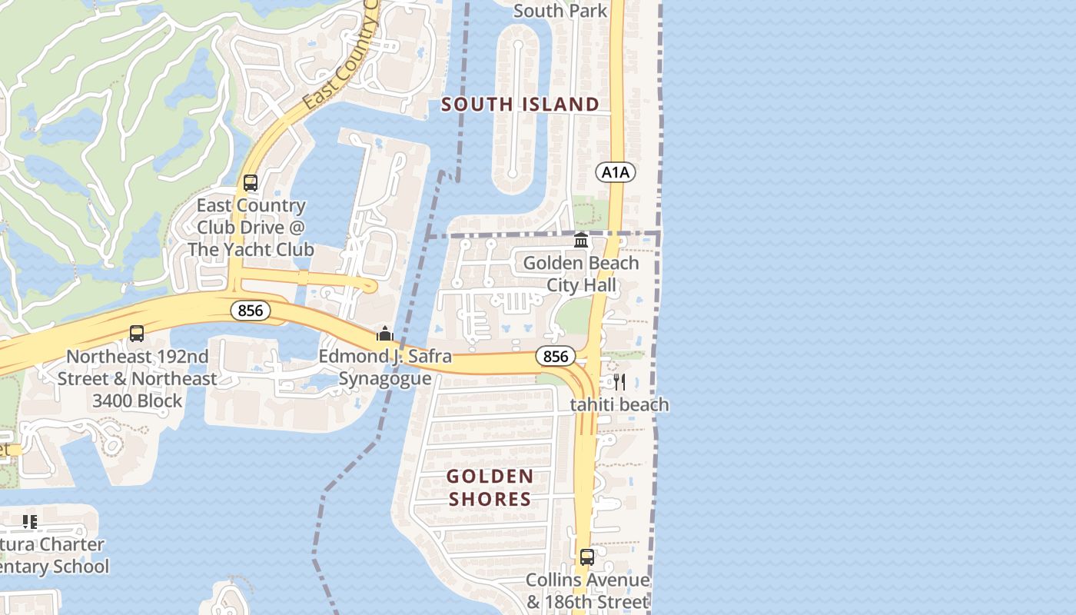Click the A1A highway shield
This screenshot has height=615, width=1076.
tap(616, 172)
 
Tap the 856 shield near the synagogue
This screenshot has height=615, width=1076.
tap(250, 311)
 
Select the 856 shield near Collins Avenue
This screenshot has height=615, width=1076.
tap(555, 356)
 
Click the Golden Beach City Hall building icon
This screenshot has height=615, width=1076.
tap(581, 241)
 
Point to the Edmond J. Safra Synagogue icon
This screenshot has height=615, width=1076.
tap(384, 334)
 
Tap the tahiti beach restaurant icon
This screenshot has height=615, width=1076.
tap(619, 382)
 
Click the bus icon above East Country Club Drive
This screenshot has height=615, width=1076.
tap(251, 183)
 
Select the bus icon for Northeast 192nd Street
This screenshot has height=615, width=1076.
tap(137, 334)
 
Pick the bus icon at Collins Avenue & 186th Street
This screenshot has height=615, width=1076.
tap(587, 557)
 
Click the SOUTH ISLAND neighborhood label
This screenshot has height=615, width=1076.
tap(520, 105)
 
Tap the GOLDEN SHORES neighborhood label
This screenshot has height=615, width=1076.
tap(490, 488)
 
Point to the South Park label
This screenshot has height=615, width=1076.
tap(560, 11)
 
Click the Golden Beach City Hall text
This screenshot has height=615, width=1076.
tap(581, 274)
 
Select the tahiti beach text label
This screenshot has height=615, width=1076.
tap(619, 405)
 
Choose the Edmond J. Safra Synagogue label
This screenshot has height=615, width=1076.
tap(385, 367)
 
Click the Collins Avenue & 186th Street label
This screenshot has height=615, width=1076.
tap(587, 590)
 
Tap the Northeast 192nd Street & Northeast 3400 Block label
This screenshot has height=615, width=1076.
tap(137, 379)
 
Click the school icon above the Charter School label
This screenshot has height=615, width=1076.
tap(30, 523)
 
